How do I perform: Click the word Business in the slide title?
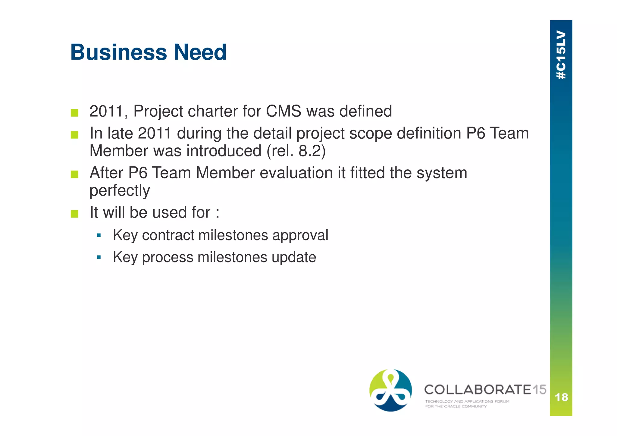pos(118,52)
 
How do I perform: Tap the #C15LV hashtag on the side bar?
pos(561,55)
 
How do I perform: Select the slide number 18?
pos(561,397)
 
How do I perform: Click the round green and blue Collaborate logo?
pos(390,390)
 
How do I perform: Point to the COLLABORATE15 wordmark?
pos(485,390)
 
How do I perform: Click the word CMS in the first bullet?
pos(283,111)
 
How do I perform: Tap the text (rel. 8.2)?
pos(296,151)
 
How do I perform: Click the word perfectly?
pos(120,191)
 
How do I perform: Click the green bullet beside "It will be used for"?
pos(74,214)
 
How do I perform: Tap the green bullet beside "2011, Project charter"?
pos(74,113)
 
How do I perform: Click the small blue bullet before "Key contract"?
pos(99,235)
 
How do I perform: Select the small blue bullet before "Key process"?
pos(99,257)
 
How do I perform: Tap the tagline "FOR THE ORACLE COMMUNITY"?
pos(456,406)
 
